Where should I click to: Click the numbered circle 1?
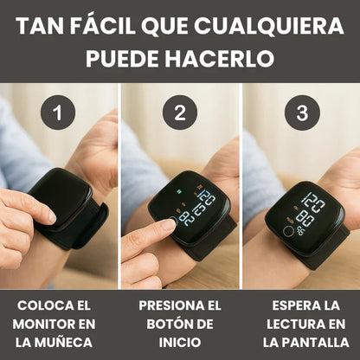[59, 112]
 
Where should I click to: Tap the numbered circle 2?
[180, 112]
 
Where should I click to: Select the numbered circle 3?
[301, 112]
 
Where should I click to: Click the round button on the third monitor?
[287, 231]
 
